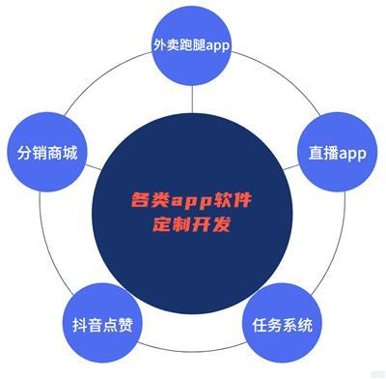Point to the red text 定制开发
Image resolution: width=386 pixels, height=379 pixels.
click(192, 225)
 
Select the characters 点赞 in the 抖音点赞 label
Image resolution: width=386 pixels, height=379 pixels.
click(115, 325)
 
